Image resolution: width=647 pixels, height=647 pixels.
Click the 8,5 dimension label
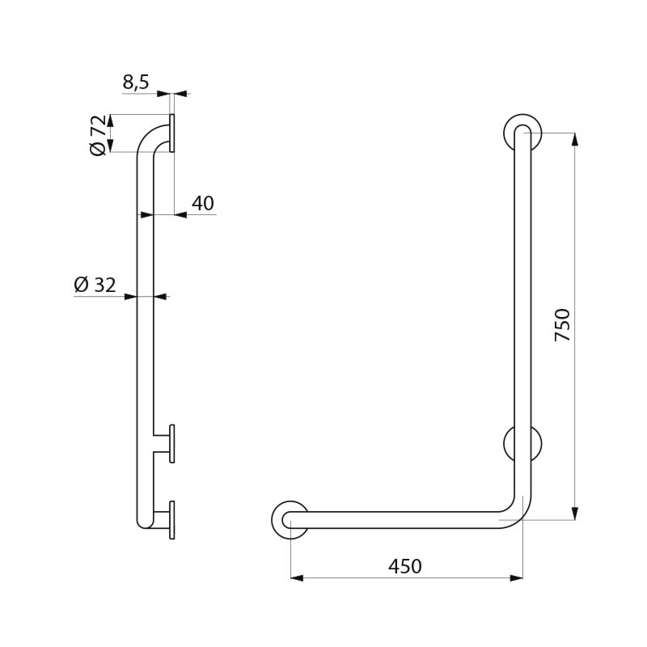tap(136, 82)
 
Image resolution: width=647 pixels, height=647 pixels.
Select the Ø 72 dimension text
tap(98, 135)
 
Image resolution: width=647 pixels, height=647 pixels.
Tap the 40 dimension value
tap(203, 203)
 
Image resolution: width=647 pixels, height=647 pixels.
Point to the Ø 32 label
tap(95, 285)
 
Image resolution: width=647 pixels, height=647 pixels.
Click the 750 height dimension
tap(562, 325)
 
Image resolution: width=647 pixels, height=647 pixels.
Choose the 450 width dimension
tap(405, 566)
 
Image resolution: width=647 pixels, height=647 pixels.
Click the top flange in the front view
tap(522, 133)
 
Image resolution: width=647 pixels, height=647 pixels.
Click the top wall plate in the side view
tap(171, 133)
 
